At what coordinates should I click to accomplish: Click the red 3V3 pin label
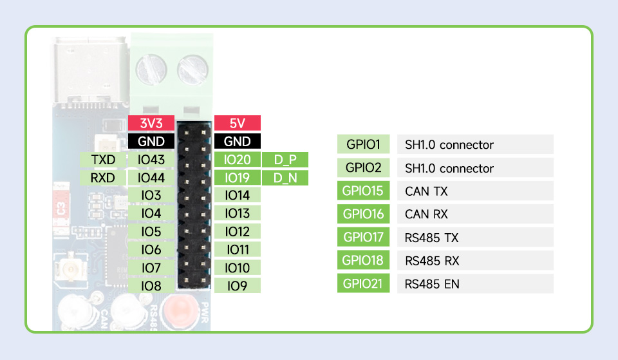click(x=151, y=123)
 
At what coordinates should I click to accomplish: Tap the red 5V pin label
click(x=238, y=123)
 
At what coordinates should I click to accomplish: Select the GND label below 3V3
click(x=151, y=141)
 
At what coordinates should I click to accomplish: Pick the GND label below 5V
click(x=238, y=141)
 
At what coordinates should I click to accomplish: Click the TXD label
click(x=103, y=160)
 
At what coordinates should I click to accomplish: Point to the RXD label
click(x=103, y=178)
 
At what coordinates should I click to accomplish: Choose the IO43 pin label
click(x=151, y=160)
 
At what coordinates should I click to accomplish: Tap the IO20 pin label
click(x=238, y=160)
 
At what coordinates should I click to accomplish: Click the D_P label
click(x=285, y=160)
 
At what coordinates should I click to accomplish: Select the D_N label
click(x=285, y=178)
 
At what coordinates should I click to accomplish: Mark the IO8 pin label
click(x=151, y=285)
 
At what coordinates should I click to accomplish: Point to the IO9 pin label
click(x=238, y=285)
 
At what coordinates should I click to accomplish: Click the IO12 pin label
click(x=238, y=231)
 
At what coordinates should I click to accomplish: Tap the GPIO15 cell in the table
click(x=363, y=191)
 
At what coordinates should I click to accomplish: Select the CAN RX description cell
click(x=475, y=214)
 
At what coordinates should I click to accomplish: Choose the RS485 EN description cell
click(x=475, y=283)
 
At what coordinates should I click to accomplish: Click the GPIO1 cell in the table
click(x=363, y=144)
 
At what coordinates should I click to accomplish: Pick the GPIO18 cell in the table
click(x=363, y=260)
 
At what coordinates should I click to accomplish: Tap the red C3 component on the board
click(x=61, y=209)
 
